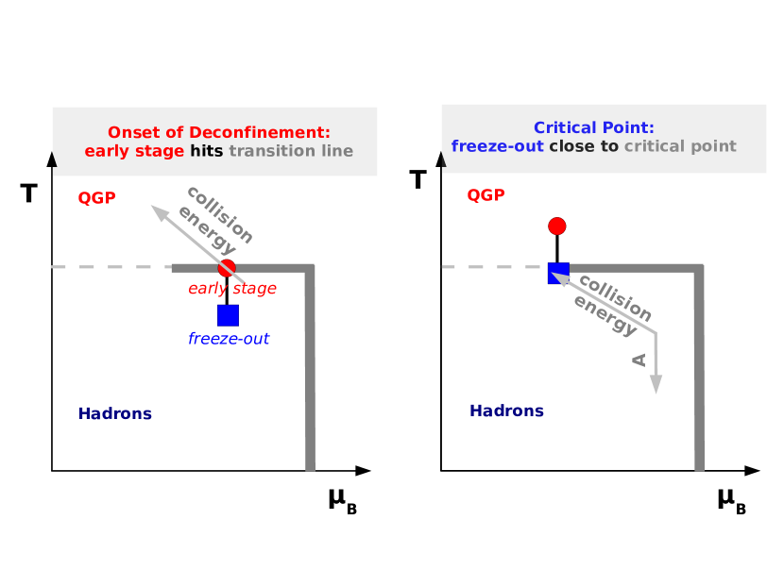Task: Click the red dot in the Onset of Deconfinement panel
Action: tap(227, 268)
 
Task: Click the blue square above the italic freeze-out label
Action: tap(228, 315)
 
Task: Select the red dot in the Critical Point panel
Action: tap(557, 226)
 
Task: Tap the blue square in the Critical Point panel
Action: tap(558, 273)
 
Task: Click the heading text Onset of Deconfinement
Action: tap(218, 132)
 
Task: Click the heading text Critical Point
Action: tap(593, 127)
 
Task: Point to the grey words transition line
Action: tap(291, 151)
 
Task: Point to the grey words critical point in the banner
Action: tap(680, 146)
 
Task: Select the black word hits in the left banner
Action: tap(206, 151)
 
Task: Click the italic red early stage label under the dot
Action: tap(232, 289)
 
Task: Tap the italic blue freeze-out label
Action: tap(229, 339)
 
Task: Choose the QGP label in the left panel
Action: tap(96, 198)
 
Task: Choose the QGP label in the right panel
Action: tap(486, 195)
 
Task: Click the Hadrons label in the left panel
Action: tap(115, 413)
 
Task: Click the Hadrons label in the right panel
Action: tap(506, 411)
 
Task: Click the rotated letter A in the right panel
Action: tap(639, 360)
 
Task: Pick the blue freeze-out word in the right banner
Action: tap(498, 146)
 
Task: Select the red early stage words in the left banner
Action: tap(134, 151)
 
